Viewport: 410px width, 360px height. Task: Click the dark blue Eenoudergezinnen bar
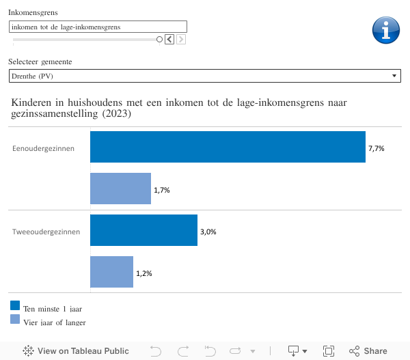[228, 147]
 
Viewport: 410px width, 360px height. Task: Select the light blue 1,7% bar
[120, 189]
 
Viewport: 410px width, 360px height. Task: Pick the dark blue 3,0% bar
[143, 231]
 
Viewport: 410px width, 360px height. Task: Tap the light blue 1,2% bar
[111, 272]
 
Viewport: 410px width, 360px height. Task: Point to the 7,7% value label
[377, 148]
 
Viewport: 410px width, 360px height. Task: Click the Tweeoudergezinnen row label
[46, 232]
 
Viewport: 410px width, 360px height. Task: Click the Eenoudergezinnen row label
[44, 148]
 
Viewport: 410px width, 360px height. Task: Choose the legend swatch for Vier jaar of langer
[15, 319]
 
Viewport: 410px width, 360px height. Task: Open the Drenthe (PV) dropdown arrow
[394, 76]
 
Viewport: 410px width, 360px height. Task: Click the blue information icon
[385, 29]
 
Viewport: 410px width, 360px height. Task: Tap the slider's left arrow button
[169, 40]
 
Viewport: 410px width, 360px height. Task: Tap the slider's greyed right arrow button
[181, 40]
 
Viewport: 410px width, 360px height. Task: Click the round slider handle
[159, 40]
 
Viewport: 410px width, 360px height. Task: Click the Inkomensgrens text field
[98, 27]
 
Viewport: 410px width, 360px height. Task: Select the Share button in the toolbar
[368, 351]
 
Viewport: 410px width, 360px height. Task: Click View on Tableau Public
[76, 351]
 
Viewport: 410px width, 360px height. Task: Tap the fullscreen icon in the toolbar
[329, 351]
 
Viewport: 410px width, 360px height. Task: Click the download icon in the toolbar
[294, 351]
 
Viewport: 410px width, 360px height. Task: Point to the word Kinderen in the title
[33, 102]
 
